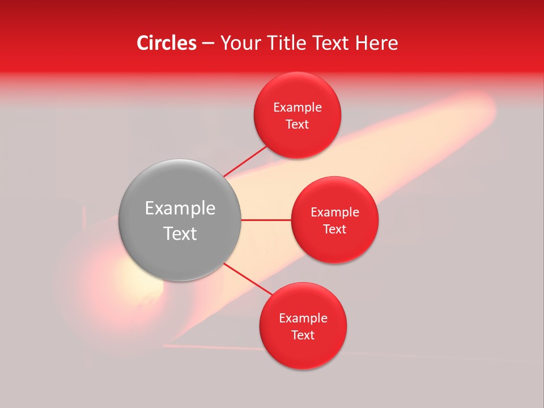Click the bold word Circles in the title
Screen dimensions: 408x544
click(x=166, y=43)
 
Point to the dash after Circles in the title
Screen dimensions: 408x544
click(x=207, y=44)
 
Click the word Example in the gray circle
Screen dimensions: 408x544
click(x=180, y=209)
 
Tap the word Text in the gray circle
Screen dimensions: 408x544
click(x=180, y=233)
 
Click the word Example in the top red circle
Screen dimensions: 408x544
click(x=297, y=108)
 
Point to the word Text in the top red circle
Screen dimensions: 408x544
click(x=297, y=125)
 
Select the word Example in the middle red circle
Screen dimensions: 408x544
click(x=334, y=212)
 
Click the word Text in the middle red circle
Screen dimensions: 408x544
click(x=334, y=229)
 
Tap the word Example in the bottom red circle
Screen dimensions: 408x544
click(x=303, y=318)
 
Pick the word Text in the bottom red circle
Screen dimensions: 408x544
click(x=303, y=335)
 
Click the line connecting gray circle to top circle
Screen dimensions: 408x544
click(x=245, y=161)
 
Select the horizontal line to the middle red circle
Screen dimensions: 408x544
click(x=266, y=220)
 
